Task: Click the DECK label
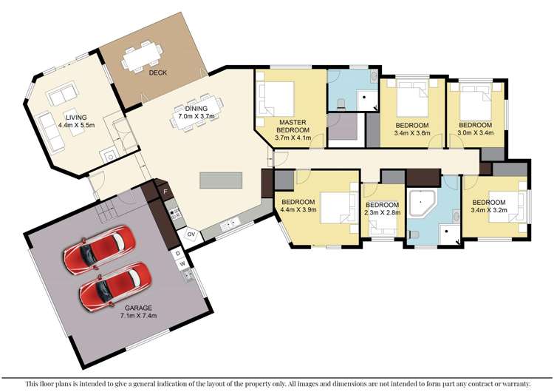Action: click(x=157, y=73)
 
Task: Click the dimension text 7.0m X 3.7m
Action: click(x=194, y=116)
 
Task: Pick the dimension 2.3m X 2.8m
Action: click(x=383, y=214)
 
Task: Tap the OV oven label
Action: click(x=190, y=234)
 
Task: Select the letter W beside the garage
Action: click(x=179, y=263)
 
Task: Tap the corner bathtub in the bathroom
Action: click(x=425, y=202)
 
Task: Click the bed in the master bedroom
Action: click(x=277, y=97)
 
